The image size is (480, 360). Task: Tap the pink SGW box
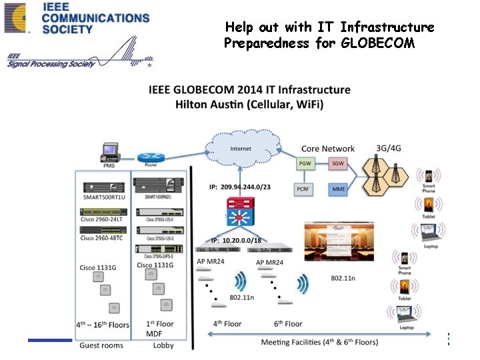click(338, 163)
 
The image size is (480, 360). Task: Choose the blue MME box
click(338, 189)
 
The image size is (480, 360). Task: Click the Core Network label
click(328, 148)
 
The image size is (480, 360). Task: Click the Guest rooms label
click(101, 345)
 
